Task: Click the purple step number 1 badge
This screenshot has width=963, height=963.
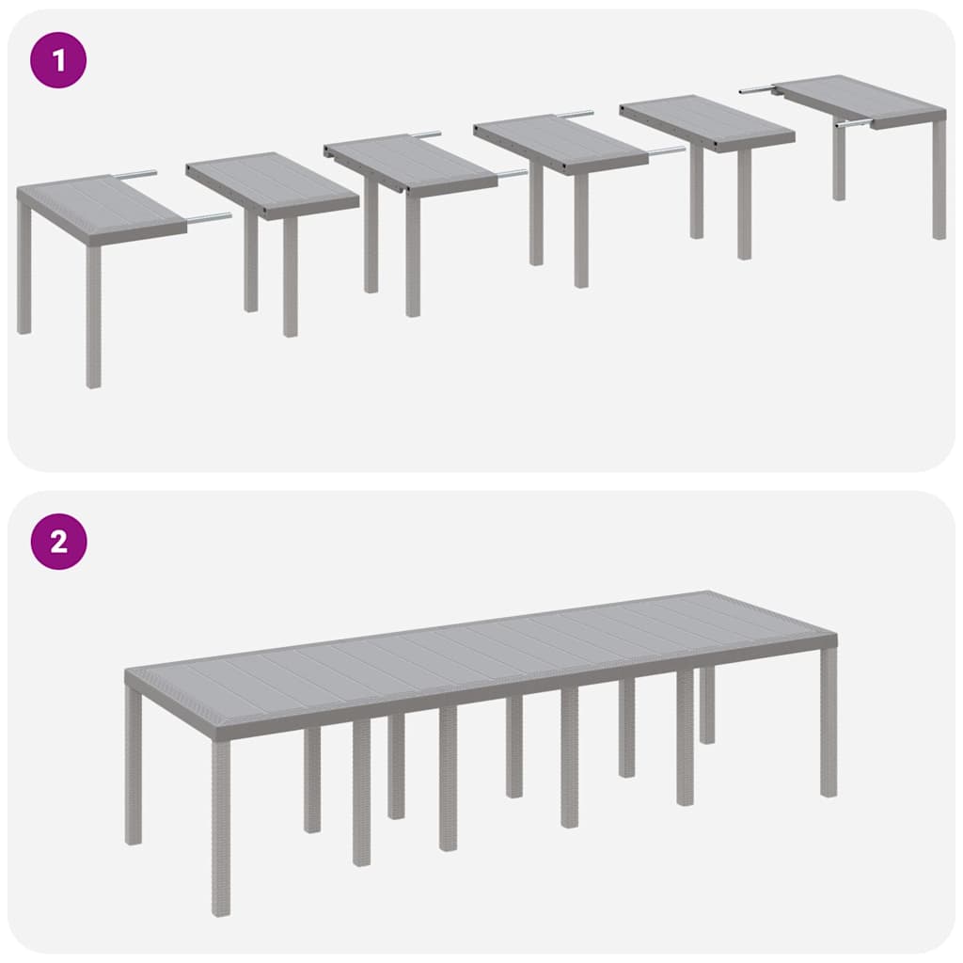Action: [58, 61]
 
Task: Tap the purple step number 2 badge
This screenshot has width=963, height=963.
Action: [58, 542]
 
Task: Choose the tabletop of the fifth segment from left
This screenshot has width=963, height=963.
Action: [705, 120]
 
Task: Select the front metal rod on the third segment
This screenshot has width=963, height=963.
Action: [512, 173]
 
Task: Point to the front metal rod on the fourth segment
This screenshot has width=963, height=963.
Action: [666, 150]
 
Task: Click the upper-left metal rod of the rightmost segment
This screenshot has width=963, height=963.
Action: [755, 89]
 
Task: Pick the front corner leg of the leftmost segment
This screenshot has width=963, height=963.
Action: [93, 315]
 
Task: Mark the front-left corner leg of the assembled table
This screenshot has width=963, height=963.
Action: [220, 828]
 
